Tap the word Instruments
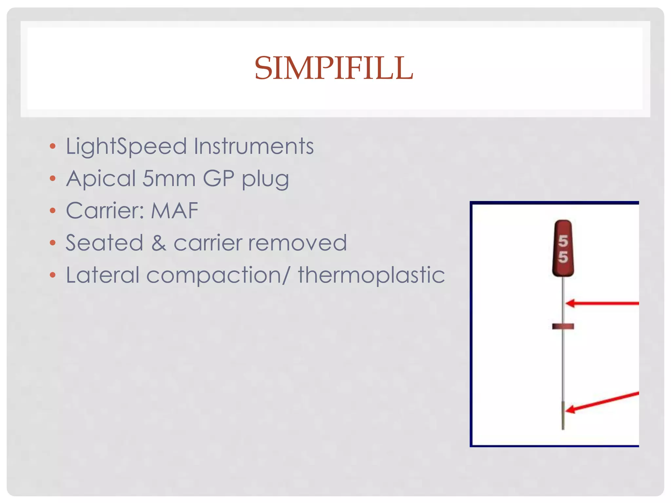pyautogui.click(x=254, y=146)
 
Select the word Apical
pyautogui.click(x=101, y=179)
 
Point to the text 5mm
pyautogui.click(x=169, y=179)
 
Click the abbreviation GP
pyautogui.click(x=219, y=179)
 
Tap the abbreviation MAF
pyautogui.click(x=174, y=211)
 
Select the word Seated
pyautogui.click(x=105, y=243)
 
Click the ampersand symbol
pyautogui.click(x=159, y=243)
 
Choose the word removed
pyautogui.click(x=297, y=243)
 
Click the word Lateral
pyautogui.click(x=103, y=275)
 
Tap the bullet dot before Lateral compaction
pyautogui.click(x=53, y=275)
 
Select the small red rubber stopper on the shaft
pyautogui.click(x=563, y=326)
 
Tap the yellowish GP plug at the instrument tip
pyautogui.click(x=563, y=416)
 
